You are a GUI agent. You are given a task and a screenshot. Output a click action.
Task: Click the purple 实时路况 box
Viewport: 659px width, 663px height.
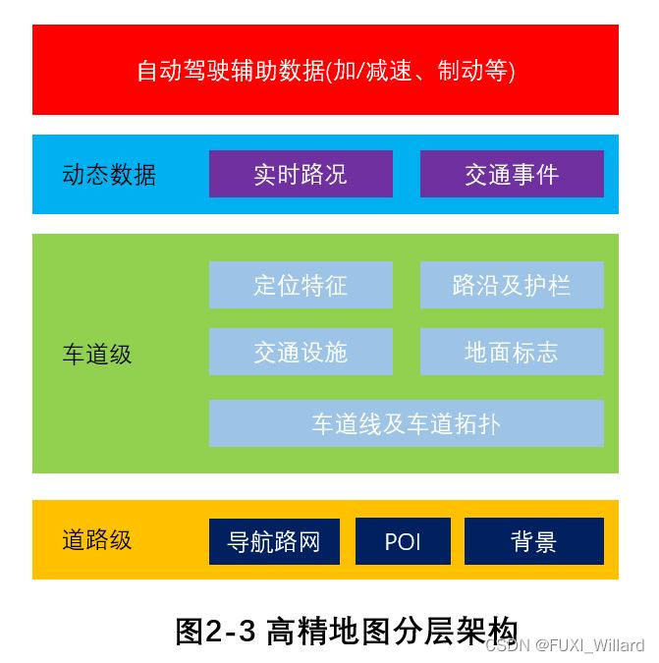coord(301,174)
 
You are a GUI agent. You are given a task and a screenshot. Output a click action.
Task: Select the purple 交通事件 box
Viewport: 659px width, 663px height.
coord(512,174)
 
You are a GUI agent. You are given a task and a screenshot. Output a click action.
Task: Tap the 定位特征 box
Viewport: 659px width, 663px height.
coord(301,285)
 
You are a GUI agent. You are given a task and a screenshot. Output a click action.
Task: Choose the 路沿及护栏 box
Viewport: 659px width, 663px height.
coord(512,285)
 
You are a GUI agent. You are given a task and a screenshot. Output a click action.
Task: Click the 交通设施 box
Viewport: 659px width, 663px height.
coord(301,352)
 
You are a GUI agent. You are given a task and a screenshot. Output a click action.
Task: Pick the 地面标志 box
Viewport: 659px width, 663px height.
coord(512,352)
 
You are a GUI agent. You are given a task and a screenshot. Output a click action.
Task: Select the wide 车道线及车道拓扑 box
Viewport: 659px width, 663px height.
coord(406,423)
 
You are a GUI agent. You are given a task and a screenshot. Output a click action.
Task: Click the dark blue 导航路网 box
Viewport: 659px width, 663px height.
coord(274,541)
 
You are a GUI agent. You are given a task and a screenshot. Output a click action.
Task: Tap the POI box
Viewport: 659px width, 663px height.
coord(403,541)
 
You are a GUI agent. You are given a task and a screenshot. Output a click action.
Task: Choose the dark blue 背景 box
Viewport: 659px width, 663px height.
coord(533,541)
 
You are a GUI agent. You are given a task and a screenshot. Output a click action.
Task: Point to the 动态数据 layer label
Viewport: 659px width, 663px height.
coord(109,175)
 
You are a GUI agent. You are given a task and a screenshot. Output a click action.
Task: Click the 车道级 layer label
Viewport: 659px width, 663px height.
coord(97,354)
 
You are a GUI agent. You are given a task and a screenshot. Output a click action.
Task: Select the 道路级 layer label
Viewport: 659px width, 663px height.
coord(97,539)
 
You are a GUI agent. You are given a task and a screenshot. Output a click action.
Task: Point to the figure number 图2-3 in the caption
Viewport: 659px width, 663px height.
coord(217,631)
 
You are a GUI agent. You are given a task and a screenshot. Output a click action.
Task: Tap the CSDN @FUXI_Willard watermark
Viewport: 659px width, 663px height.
coord(565,645)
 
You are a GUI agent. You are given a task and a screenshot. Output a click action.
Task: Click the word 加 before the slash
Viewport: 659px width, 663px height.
coord(345,71)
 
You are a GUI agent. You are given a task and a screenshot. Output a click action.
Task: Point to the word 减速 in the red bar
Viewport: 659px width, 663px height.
coord(387,71)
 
